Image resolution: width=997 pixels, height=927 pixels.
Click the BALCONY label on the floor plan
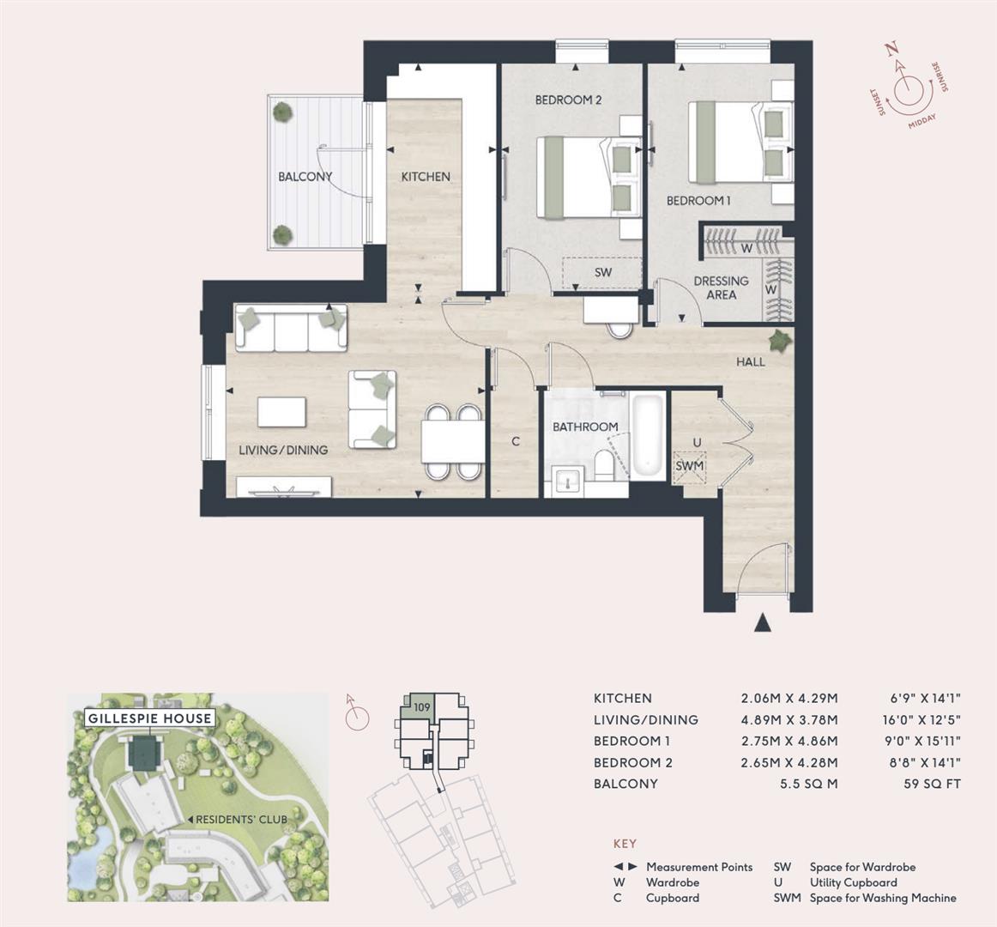tap(305, 177)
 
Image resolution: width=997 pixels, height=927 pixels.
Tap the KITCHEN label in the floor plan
tap(426, 177)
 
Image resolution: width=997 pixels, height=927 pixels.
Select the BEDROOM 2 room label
tap(568, 100)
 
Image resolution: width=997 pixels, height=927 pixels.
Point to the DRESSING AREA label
tap(721, 288)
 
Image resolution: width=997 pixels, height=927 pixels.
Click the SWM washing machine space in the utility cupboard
tap(689, 466)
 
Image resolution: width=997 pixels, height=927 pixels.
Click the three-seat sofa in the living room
tap(291, 329)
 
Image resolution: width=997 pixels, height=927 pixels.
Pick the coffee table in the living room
tap(281, 411)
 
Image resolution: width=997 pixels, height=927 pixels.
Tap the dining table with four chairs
tap(453, 442)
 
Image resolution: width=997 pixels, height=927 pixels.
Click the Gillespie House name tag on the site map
tap(150, 718)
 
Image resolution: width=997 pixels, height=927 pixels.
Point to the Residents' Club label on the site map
tap(242, 819)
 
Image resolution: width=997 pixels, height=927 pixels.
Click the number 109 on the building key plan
tap(421, 707)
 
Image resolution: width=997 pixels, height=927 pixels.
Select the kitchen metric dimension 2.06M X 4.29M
tap(789, 699)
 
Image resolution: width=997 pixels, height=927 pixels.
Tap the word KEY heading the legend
tap(625, 844)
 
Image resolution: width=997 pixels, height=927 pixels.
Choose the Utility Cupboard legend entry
tap(853, 882)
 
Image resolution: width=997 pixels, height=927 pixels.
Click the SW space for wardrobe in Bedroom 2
tap(602, 272)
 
